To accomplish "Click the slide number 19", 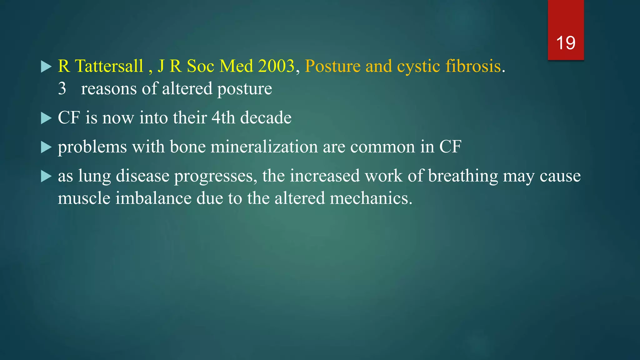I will (566, 43).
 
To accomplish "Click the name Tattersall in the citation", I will (109, 66).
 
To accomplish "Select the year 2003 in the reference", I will (276, 66).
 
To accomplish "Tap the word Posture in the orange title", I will (332, 66).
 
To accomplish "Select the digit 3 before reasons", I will (62, 89).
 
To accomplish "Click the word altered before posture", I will (187, 89).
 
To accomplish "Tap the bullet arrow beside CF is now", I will (46, 118).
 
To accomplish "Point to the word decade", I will (266, 118).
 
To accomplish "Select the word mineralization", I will (264, 147).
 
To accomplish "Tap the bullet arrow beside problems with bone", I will (46, 147).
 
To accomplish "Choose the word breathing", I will (463, 176).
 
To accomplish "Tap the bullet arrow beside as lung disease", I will (46, 177).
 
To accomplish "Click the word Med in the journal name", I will (236, 66).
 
